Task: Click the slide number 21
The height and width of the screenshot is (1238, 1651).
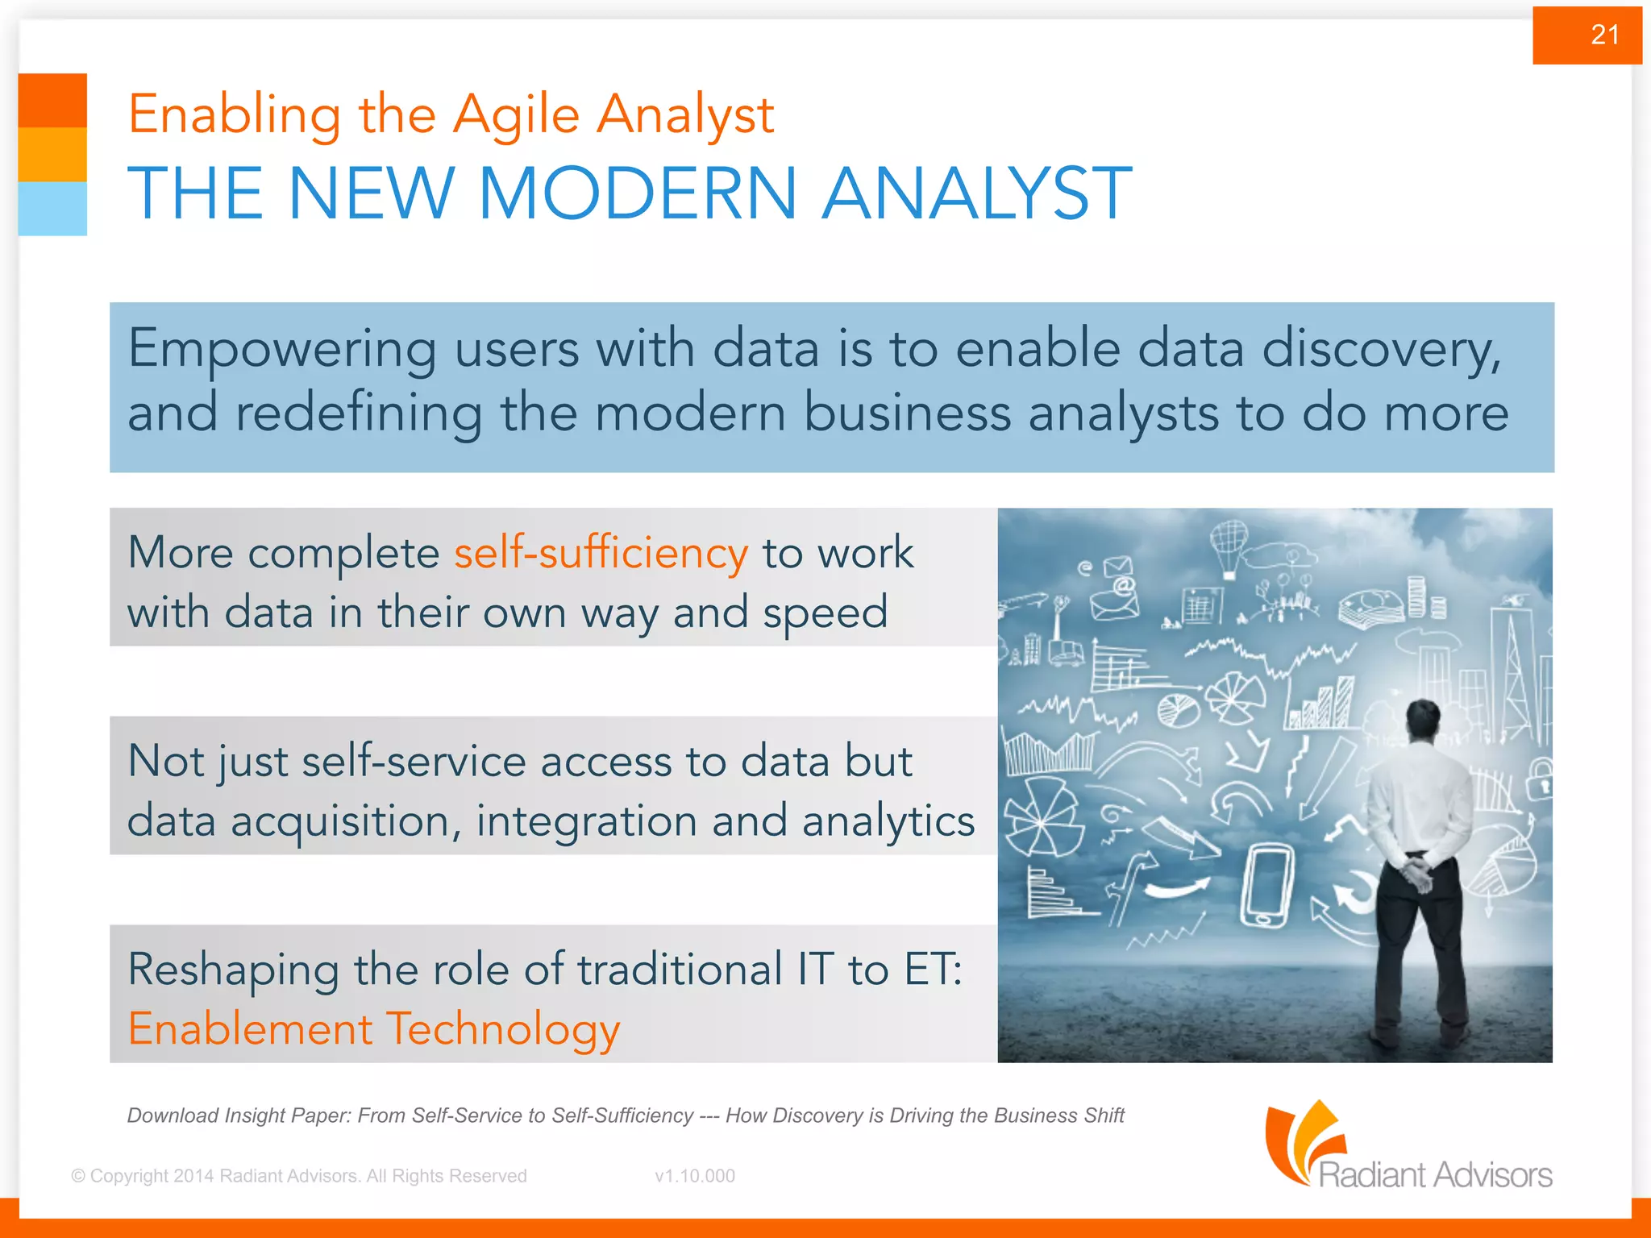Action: click(1604, 35)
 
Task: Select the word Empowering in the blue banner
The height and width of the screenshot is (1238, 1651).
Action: click(282, 351)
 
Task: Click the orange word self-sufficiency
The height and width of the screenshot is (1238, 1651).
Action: click(601, 554)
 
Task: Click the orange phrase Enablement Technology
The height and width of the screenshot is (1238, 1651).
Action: click(374, 1029)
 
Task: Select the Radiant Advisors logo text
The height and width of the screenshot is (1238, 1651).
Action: click(1435, 1174)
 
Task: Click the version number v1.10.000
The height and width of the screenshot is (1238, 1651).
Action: click(695, 1176)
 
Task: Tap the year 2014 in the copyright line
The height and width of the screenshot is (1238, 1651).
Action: click(193, 1176)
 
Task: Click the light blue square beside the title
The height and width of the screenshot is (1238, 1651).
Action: click(52, 208)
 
